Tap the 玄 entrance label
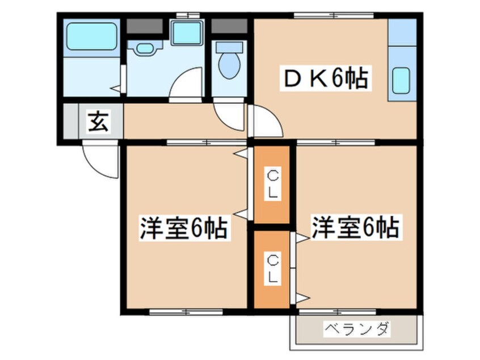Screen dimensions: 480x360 pyautogui.click(x=98, y=122)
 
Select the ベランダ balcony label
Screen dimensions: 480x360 pyautogui.click(x=357, y=329)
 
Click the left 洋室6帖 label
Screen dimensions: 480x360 pyautogui.click(x=184, y=228)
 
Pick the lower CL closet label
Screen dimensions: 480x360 pyautogui.click(x=272, y=269)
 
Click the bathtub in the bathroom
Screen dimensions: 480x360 pyautogui.click(x=92, y=36)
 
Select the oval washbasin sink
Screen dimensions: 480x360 pyautogui.click(x=145, y=48)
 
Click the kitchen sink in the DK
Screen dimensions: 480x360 pyautogui.click(x=401, y=81)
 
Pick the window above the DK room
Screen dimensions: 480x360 pyautogui.click(x=334, y=15)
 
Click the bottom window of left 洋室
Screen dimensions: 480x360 pyautogui.click(x=186, y=312)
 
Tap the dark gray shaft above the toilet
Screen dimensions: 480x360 pyautogui.click(x=229, y=26)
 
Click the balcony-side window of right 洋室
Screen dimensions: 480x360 pyautogui.click(x=338, y=312)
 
